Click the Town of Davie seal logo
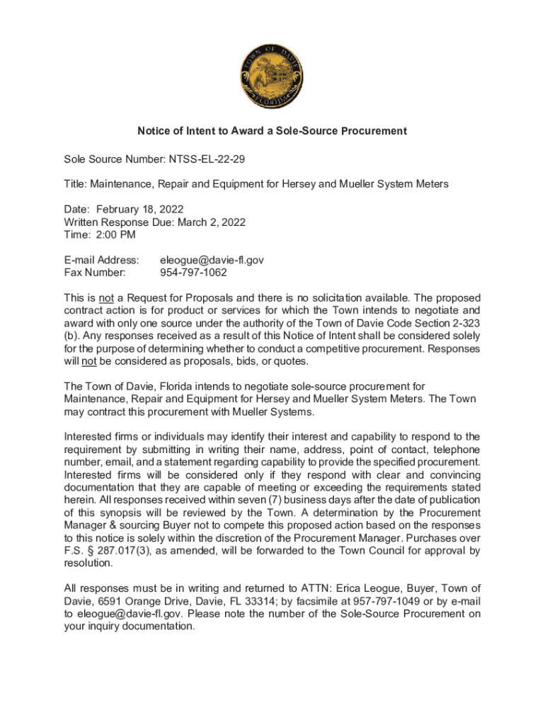[x=272, y=74]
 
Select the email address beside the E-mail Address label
[x=212, y=261]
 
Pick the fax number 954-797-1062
[x=193, y=273]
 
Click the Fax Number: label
[x=95, y=273]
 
